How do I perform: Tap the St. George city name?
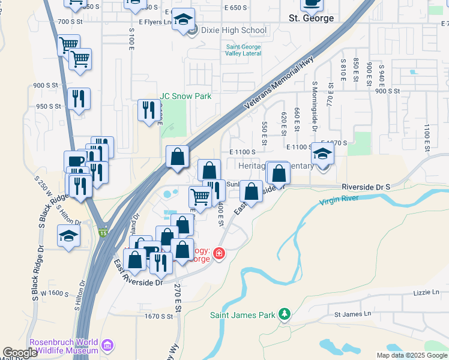click(x=311, y=18)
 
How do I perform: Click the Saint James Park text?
click(x=243, y=314)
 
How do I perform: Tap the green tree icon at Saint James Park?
click(x=285, y=314)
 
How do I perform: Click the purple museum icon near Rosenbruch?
click(x=107, y=345)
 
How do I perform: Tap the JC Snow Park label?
click(x=185, y=96)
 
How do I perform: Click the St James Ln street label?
click(x=353, y=314)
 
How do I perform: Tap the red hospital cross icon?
click(x=218, y=254)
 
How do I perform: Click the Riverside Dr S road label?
click(x=366, y=187)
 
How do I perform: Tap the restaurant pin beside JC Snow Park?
click(x=148, y=110)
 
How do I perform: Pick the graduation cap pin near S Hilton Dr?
click(x=68, y=235)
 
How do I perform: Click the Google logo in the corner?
click(x=20, y=353)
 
